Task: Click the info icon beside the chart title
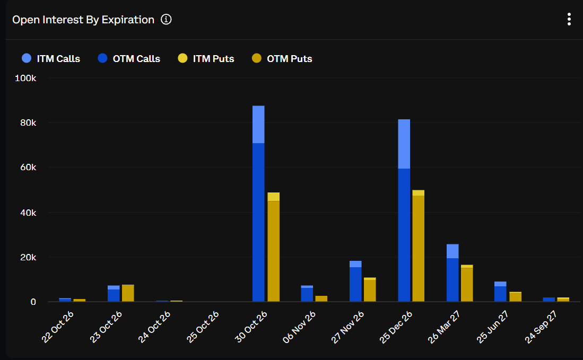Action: click(166, 19)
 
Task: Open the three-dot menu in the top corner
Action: click(569, 19)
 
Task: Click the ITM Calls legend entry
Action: click(51, 58)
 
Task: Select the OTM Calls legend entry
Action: click(129, 58)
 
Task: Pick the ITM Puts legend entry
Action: click(206, 58)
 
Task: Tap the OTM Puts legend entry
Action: click(282, 58)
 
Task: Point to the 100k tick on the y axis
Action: click(25, 78)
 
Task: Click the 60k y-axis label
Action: click(28, 167)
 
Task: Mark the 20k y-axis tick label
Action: click(28, 257)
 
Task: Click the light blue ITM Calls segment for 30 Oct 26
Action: click(258, 125)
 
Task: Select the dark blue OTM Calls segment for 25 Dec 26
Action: click(404, 235)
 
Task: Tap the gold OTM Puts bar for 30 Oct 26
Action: click(274, 251)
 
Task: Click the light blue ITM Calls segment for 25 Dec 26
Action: click(404, 144)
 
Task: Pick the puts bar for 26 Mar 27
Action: click(467, 283)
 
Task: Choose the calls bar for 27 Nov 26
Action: click(355, 281)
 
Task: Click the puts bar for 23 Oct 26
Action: click(128, 293)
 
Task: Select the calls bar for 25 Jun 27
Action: click(500, 292)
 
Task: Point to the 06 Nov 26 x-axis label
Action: click(299, 327)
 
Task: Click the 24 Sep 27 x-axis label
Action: click(541, 327)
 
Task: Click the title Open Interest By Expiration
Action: click(83, 20)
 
